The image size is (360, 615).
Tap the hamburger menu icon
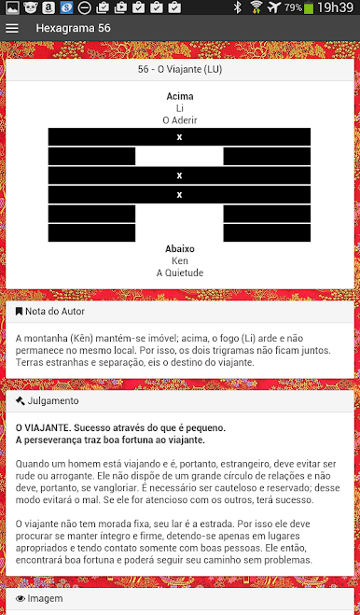12,28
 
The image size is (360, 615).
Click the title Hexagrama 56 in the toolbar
73,28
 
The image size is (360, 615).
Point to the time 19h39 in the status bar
335,7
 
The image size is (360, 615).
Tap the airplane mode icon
273,7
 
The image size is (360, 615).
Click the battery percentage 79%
292,7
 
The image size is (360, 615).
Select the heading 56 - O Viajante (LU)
179,69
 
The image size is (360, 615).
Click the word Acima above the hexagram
179,96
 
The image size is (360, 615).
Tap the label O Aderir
179,120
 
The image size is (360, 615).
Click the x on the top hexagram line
179,137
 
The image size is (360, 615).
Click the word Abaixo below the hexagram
179,249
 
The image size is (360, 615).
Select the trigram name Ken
179,261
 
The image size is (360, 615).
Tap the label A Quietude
179,273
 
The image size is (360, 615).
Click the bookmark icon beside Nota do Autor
20,312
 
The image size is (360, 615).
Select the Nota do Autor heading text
55,312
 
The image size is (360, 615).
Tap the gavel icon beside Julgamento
20,401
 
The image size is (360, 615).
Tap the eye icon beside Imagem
21,596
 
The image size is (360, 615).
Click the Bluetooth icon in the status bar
237,7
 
